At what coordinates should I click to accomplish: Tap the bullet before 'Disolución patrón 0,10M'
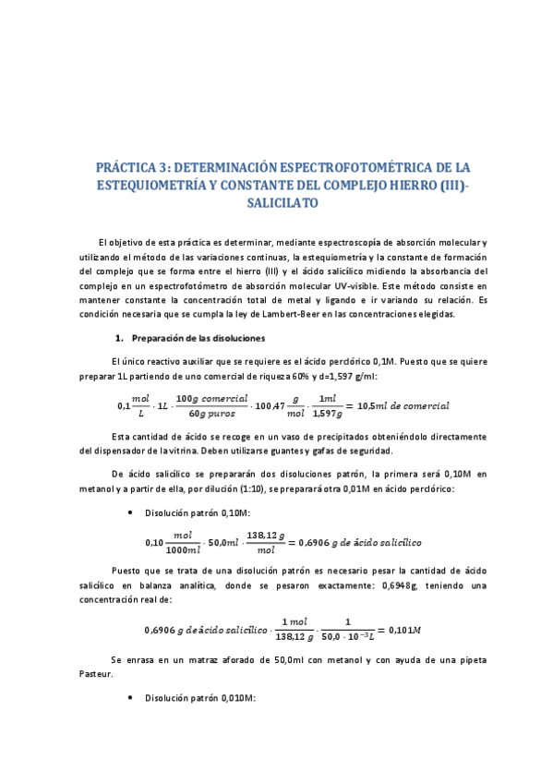135,513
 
